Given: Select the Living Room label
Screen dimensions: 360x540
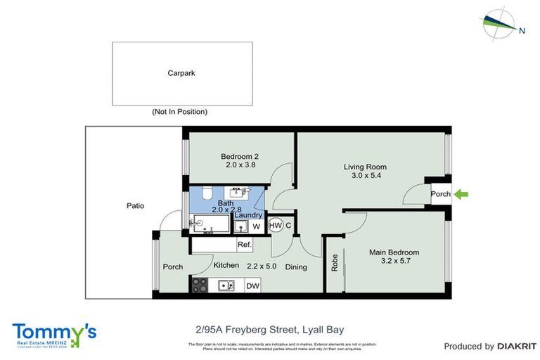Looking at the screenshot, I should tap(365, 167).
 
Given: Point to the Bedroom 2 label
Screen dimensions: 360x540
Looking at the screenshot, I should tap(240, 156).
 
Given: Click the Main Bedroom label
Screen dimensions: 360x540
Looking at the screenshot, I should tap(394, 252).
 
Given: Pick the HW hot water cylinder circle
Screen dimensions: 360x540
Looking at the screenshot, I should tap(275, 226).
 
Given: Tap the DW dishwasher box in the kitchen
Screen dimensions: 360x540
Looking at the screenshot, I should tap(251, 286).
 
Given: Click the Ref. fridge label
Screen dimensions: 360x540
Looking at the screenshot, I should tap(245, 245).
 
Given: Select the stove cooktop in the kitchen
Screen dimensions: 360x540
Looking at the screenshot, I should tap(200, 285).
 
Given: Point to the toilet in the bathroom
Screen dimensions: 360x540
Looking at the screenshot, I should tap(205, 193).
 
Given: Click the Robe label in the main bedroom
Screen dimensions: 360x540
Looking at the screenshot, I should tap(335, 263).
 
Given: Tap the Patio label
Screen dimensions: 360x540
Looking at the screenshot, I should tap(135, 206).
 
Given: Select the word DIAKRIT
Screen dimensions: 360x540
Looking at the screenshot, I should tap(517, 346).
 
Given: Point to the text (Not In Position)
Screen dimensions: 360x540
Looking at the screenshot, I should tap(179, 112).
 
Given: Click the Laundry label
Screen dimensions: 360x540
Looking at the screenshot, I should tap(249, 215).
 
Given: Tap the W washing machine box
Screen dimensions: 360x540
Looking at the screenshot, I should tap(256, 226).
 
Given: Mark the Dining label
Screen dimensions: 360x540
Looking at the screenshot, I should tap(297, 266).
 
